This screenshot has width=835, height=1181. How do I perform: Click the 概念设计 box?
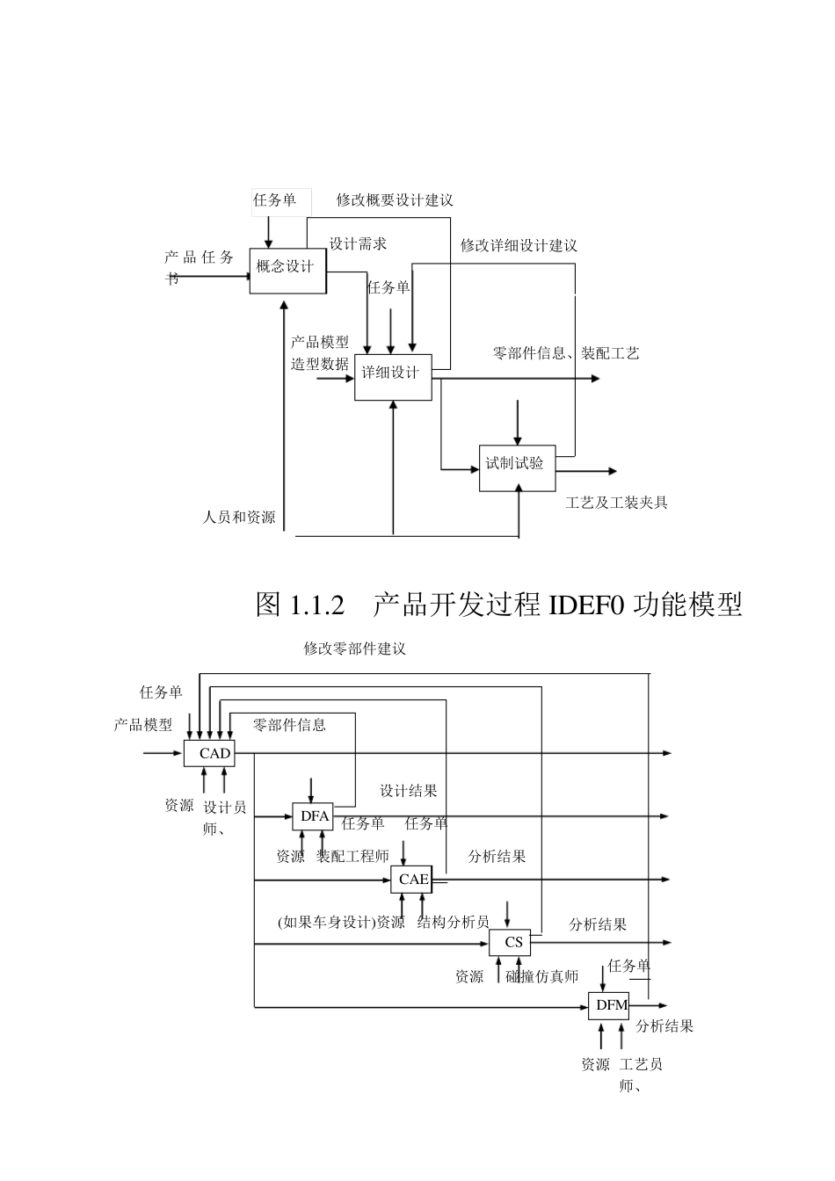tap(287, 266)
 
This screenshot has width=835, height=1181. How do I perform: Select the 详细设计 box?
tap(393, 376)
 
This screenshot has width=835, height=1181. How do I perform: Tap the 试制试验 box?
tap(517, 467)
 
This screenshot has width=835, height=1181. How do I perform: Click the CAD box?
tap(210, 753)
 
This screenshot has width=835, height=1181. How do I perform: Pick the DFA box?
tap(314, 816)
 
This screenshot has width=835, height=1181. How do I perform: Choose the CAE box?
tap(412, 879)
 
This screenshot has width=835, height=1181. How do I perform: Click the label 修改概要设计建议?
tap(395, 200)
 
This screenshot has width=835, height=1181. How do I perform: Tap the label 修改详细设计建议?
tap(519, 245)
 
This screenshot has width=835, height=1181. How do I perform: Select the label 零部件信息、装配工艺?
tap(566, 353)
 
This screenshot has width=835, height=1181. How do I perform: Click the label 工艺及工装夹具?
tap(616, 503)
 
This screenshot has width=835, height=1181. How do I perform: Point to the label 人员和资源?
tap(239, 518)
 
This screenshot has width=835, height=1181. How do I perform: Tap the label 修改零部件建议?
tap(355, 648)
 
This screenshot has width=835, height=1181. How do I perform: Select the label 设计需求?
tap(358, 243)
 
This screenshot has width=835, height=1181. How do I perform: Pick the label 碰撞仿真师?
tap(542, 976)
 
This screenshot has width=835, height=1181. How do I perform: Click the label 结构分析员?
tap(454, 922)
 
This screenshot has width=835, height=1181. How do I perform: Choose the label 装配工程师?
tap(352, 856)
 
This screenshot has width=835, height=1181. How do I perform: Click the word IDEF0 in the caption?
tap(586, 605)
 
